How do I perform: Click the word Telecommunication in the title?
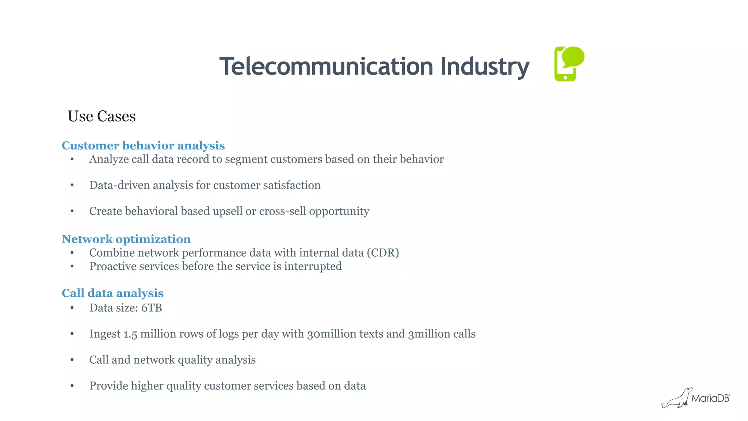tap(326, 67)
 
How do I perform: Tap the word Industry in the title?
tap(485, 67)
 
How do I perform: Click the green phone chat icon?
tap(569, 64)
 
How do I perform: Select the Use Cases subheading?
tap(102, 117)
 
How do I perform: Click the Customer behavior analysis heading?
tap(143, 145)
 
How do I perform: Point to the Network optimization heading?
tap(126, 239)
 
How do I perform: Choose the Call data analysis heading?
tap(112, 293)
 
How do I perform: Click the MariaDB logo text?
tap(710, 398)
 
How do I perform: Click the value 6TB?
tap(152, 308)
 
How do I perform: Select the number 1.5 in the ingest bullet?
tap(130, 334)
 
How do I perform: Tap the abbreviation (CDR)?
tap(383, 253)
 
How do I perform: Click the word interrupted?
tap(313, 266)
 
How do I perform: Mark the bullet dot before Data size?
tap(72, 308)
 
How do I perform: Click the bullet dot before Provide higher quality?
tap(72, 386)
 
